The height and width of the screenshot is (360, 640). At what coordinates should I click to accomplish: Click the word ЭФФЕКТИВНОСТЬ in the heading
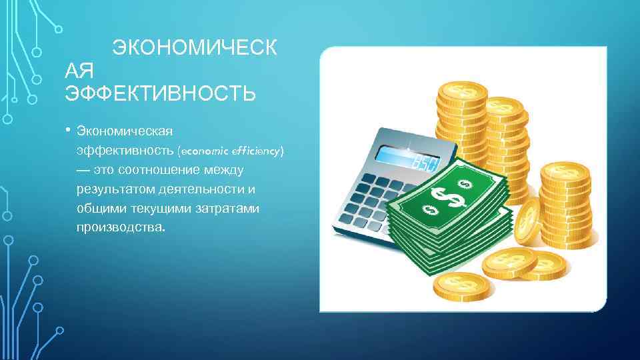click(160, 93)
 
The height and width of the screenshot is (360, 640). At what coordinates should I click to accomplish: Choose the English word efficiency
click(254, 151)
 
